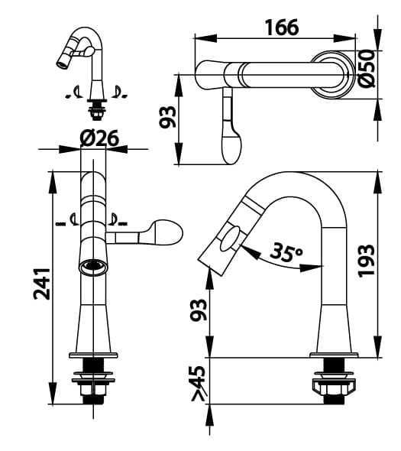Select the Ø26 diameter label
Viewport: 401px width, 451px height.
pos(99,138)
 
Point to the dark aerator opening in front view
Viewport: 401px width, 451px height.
pos(92,266)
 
